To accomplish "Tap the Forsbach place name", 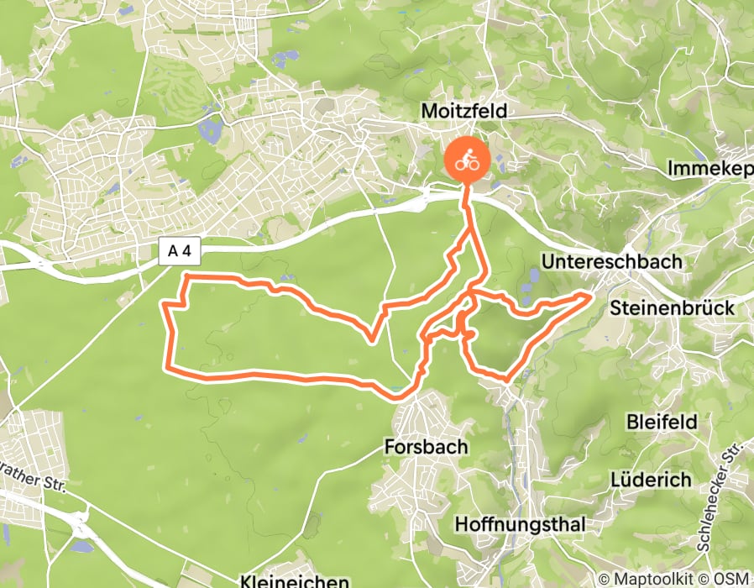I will coord(426,446).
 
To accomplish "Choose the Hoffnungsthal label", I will coord(519,524).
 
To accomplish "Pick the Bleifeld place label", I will coord(662,422).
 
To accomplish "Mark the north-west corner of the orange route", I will coord(185,276).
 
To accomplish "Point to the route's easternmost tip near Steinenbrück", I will coord(590,295).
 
